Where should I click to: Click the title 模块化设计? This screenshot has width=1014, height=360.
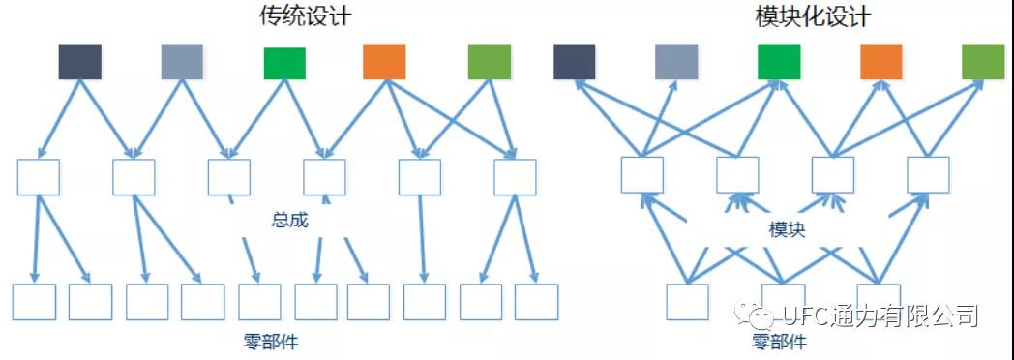pyautogui.click(x=813, y=16)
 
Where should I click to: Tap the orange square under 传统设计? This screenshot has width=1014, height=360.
pyautogui.click(x=384, y=62)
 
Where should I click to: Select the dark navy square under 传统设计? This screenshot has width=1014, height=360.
pyautogui.click(x=80, y=62)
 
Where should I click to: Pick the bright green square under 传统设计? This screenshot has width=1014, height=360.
pyautogui.click(x=284, y=63)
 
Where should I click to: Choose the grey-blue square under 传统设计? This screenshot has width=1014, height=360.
pyautogui.click(x=182, y=62)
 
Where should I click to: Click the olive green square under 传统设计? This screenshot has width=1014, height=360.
pyautogui.click(x=490, y=62)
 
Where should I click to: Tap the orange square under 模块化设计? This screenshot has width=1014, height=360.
pyautogui.click(x=880, y=62)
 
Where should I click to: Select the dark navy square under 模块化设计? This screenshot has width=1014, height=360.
pyautogui.click(x=575, y=62)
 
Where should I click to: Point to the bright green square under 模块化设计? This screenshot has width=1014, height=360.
pyautogui.click(x=779, y=62)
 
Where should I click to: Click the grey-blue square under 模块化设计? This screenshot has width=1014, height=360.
pyautogui.click(x=676, y=62)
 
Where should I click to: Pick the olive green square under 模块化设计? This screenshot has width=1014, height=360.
pyautogui.click(x=983, y=62)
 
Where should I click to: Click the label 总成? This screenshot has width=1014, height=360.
pyautogui.click(x=289, y=221)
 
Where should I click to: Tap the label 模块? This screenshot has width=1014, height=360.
pyautogui.click(x=787, y=230)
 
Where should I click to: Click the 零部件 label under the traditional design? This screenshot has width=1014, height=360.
pyautogui.click(x=271, y=341)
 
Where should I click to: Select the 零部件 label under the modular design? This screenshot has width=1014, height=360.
pyautogui.click(x=780, y=341)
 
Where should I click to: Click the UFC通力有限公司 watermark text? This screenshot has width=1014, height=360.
pyautogui.click(x=880, y=315)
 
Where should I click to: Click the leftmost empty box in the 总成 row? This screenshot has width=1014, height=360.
pyautogui.click(x=38, y=177)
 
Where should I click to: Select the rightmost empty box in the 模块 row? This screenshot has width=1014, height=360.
pyautogui.click(x=928, y=174)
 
